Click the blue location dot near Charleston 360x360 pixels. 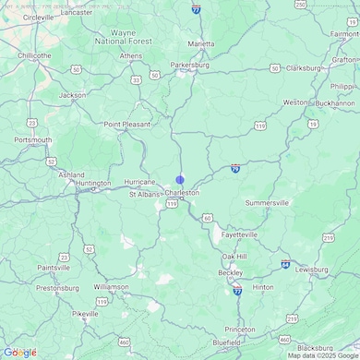180,180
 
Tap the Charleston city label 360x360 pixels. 182,193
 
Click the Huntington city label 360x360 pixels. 93,184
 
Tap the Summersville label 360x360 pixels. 267,202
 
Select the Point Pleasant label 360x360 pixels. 126,124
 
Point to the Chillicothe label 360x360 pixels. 34,54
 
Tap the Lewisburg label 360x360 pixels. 311,270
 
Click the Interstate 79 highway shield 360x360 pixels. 236,169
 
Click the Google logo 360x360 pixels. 19,352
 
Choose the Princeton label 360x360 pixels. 239,330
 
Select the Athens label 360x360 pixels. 131,55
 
